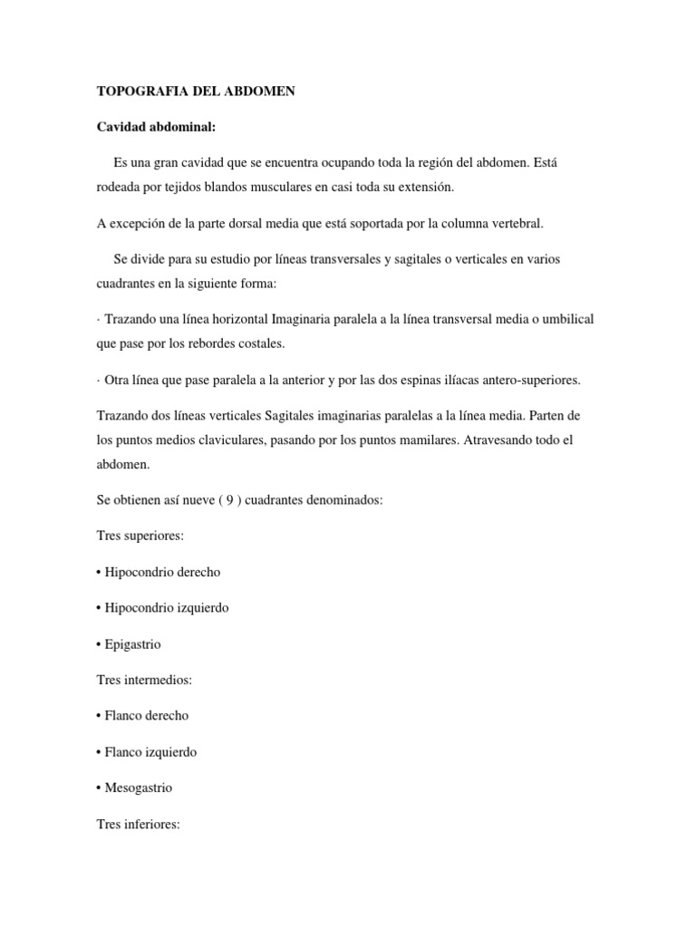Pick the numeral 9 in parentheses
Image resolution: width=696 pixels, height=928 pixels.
tap(228, 499)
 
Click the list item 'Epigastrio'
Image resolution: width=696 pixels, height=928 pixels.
tap(133, 643)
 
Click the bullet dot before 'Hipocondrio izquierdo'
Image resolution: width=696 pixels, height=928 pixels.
tap(98, 608)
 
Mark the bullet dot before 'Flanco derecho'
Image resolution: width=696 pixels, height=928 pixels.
tap(98, 716)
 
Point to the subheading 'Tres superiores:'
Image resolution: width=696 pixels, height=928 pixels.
tap(140, 536)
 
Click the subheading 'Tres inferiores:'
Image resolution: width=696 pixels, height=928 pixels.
tap(139, 824)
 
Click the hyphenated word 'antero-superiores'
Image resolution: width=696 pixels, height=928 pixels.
tap(530, 380)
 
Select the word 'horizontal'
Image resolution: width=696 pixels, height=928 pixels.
tap(239, 319)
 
